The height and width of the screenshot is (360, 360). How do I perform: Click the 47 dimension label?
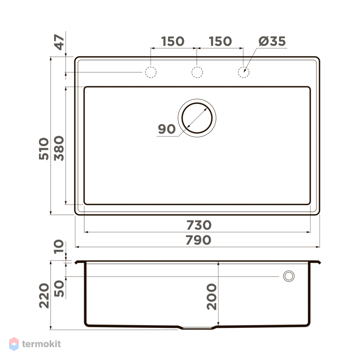tap(59, 42)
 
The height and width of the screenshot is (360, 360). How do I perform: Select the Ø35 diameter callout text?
tap(272, 41)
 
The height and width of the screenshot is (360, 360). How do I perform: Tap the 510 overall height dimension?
tap(44, 149)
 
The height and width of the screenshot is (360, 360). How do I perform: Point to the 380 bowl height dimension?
tap(59, 148)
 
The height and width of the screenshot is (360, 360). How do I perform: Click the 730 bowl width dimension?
tap(199, 225)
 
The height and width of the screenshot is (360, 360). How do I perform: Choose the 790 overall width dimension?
tap(198, 240)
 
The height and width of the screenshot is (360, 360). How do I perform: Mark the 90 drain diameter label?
tap(167, 129)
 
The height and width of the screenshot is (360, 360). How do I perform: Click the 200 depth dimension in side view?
tap(211, 297)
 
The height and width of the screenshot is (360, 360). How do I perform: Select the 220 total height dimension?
tap(44, 296)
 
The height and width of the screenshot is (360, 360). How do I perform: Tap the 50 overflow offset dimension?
tap(59, 288)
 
